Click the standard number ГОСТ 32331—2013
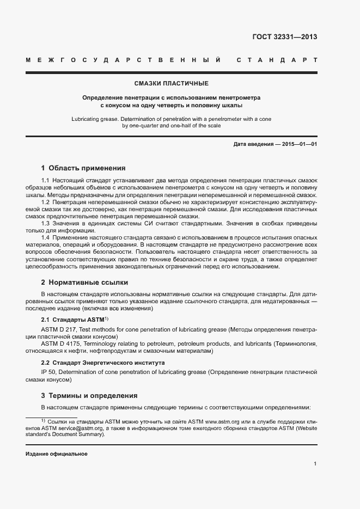285,37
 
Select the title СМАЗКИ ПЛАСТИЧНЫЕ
171,84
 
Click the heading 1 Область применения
83,168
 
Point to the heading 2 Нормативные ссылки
84,283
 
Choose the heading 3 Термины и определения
89,396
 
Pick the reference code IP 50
48,372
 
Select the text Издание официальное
57,454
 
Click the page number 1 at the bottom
315,464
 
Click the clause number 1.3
46,223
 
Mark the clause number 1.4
46,238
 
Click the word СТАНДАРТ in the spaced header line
277,59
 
